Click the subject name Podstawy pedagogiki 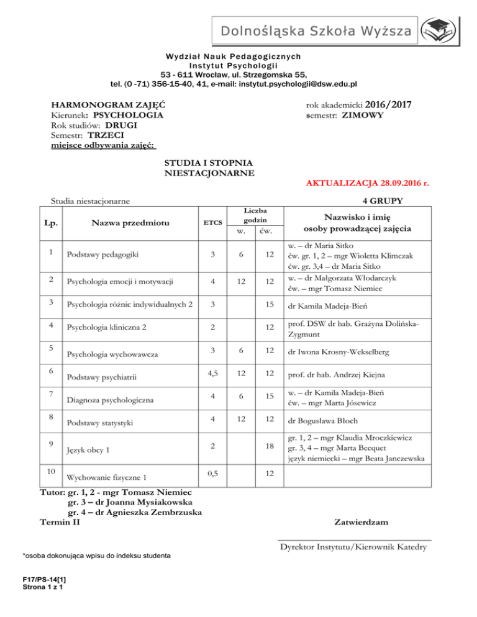(x=103, y=254)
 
